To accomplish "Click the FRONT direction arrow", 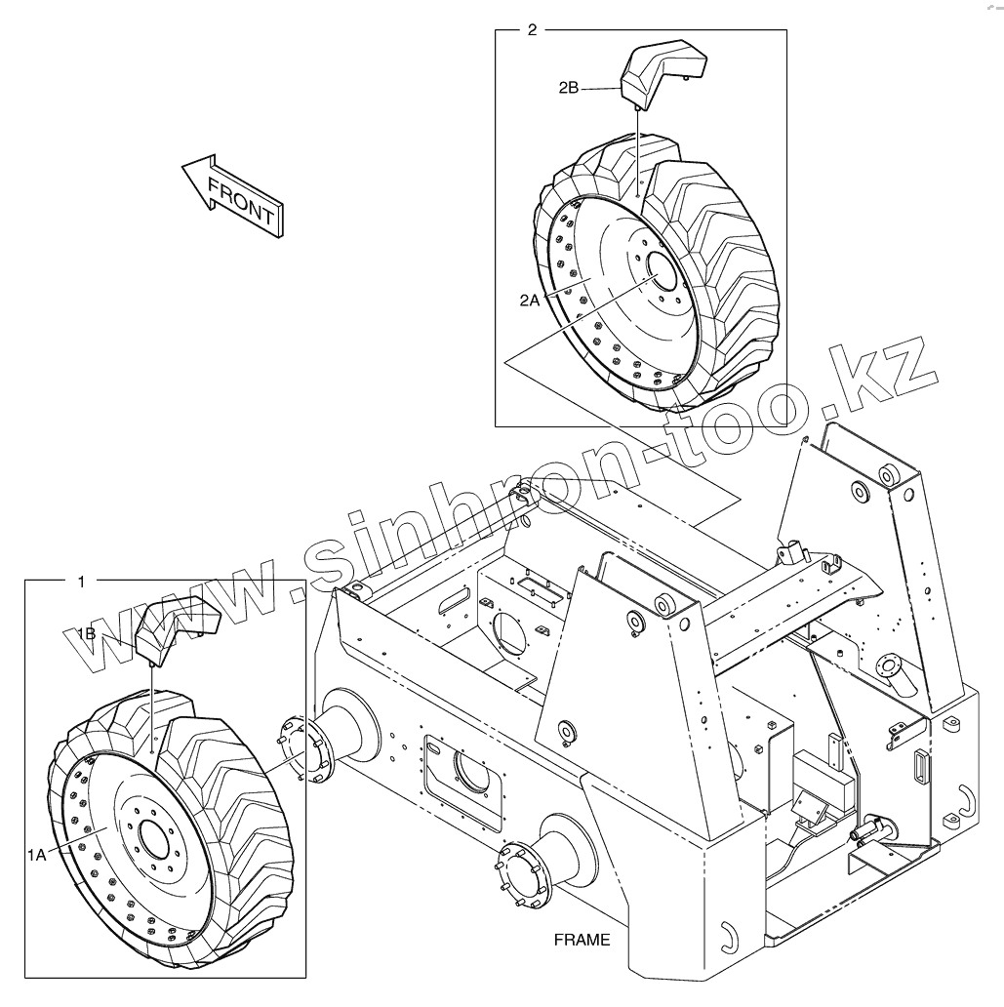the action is tap(231, 193).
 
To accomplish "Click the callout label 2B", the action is tap(569, 88).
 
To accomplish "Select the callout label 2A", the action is tap(530, 302).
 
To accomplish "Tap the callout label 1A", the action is tap(37, 855).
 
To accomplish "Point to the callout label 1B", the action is tap(86, 634).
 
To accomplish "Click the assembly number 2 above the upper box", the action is tap(532, 29).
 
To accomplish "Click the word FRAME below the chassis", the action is tap(582, 941).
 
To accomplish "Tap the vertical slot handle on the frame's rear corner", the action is tap(918, 764).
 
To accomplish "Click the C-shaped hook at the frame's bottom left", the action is tap(727, 938).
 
